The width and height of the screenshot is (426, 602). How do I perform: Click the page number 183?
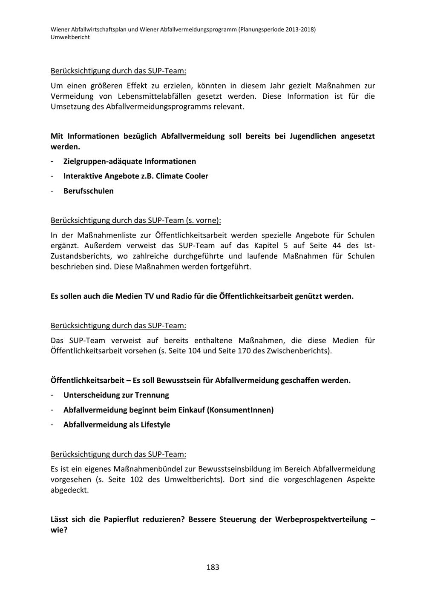pos(213,567)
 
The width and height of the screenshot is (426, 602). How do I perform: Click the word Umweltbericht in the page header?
pos(70,37)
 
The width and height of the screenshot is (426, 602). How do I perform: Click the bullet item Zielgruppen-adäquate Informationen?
pos(130,161)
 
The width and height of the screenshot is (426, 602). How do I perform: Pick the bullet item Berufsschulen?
pos(89,191)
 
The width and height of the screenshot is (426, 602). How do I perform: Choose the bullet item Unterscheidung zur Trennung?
pos(116,395)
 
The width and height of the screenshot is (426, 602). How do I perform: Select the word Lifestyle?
pos(155,424)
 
